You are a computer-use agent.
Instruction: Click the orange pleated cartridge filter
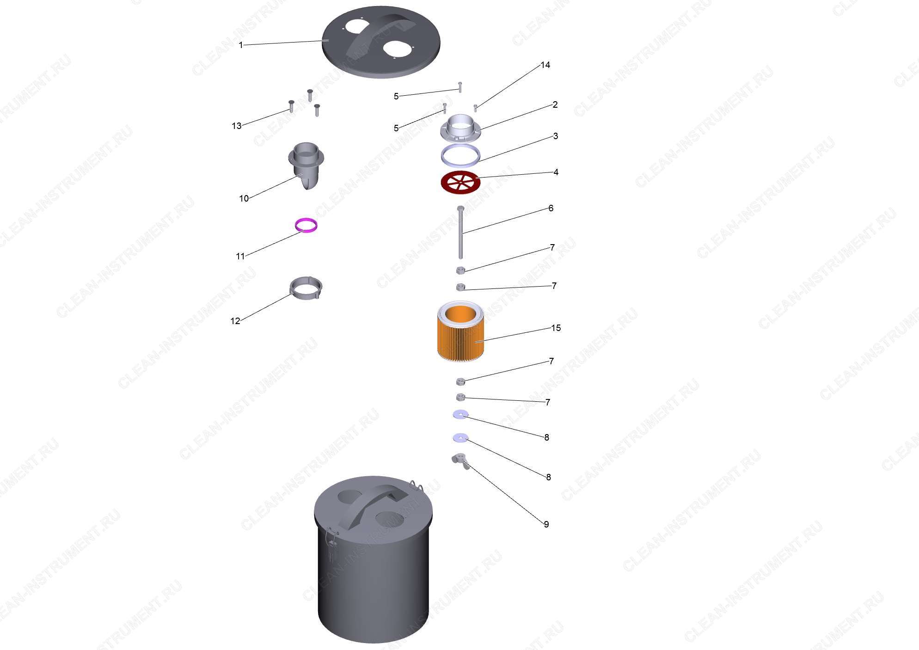(460, 331)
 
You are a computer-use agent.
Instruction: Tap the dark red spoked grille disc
(460, 182)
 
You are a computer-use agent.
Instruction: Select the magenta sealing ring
(306, 225)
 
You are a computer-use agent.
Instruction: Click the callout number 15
(556, 328)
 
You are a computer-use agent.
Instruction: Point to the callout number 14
(545, 65)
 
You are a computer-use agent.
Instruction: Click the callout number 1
(240, 45)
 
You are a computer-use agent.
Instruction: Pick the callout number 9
(546, 524)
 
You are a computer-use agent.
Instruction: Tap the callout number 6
(551, 208)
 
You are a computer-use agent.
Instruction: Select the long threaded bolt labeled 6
(460, 232)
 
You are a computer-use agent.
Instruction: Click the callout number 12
(235, 321)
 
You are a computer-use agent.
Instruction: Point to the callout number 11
(240, 256)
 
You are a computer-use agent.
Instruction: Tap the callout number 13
(236, 126)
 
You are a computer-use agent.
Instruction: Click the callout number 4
(556, 172)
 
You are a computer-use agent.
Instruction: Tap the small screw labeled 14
(475, 108)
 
